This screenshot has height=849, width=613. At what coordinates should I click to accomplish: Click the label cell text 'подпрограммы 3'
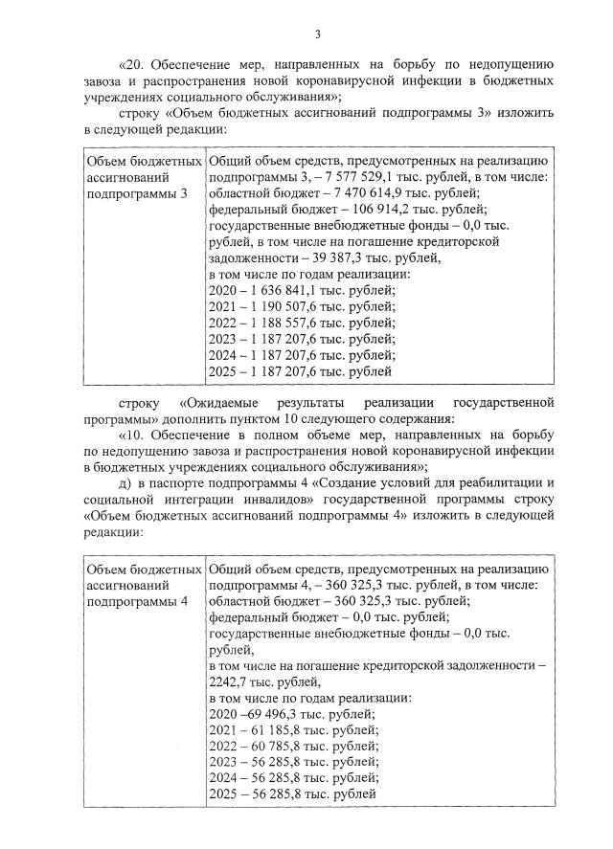click(137, 193)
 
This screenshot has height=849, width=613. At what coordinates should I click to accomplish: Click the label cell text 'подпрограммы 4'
click(137, 600)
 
